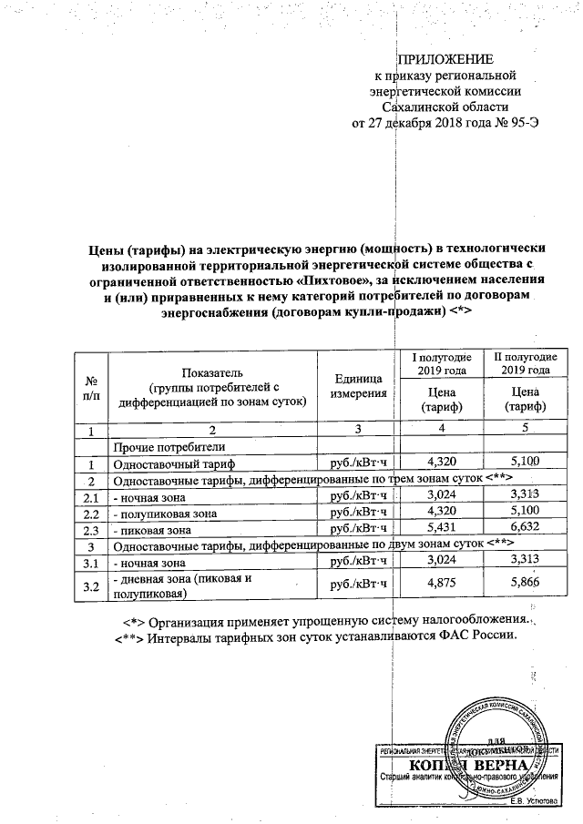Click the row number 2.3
click(x=91, y=529)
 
